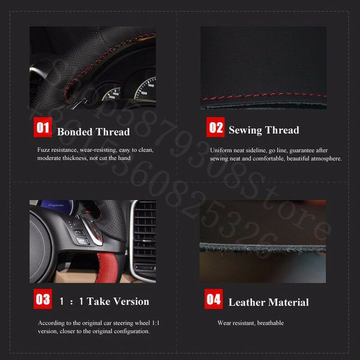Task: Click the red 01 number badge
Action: click(43, 127)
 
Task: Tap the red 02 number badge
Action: click(215, 127)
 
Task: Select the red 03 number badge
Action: click(43, 299)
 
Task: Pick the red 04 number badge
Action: click(214, 299)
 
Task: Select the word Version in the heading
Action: click(127, 301)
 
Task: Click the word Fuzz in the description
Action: click(44, 149)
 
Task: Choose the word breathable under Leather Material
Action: click(271, 323)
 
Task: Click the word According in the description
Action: click(50, 323)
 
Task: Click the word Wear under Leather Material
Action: click(224, 323)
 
